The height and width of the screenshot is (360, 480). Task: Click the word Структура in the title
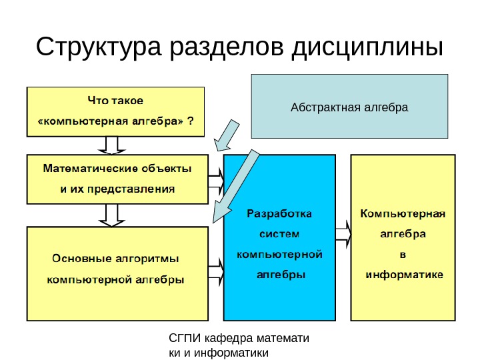(99, 48)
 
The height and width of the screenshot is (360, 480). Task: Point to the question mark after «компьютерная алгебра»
(191, 121)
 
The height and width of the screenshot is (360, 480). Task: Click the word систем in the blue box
(279, 234)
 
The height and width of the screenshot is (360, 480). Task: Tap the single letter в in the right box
(401, 254)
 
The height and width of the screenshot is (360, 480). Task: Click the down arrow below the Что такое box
(113, 145)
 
